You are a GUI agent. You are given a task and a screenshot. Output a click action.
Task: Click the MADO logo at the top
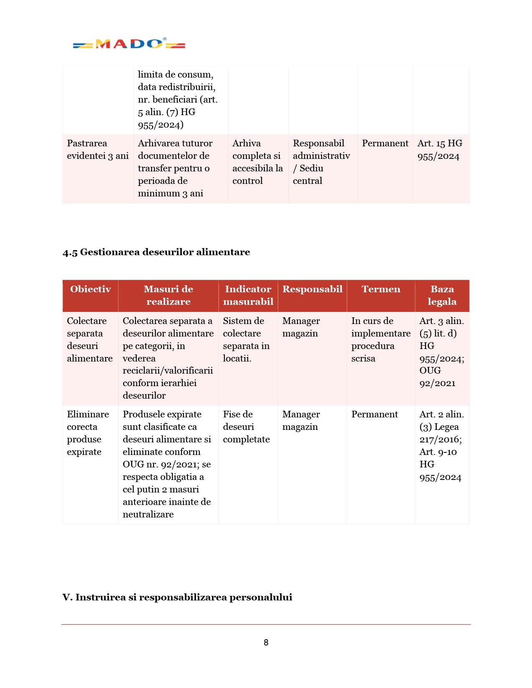pos(129,44)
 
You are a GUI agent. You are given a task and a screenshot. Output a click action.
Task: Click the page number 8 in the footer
pos(266,643)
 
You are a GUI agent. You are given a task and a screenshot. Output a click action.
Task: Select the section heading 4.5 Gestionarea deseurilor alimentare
pos(156,252)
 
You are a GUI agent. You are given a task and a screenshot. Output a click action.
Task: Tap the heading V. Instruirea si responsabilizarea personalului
pos(177,597)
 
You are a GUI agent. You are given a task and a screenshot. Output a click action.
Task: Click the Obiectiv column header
pos(91,289)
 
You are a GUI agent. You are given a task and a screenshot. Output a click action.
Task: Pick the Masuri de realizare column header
pos(168,295)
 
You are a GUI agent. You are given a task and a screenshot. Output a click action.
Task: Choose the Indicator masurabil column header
pos(248,295)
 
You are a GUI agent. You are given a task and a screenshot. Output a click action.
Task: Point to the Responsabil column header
pos(312,289)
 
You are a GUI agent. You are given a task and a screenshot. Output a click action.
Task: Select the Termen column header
pos(381,289)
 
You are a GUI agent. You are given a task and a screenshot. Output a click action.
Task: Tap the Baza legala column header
pos(442,295)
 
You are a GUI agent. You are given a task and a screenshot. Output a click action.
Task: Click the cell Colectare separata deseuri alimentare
pos(90,339)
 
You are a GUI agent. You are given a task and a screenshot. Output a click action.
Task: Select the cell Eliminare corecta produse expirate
pos(88,433)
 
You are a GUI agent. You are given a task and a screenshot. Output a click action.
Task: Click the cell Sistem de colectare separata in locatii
pos(246,339)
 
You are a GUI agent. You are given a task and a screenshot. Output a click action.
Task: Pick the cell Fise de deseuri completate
pos(246,427)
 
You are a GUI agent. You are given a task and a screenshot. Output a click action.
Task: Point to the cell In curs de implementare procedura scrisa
pos(381,339)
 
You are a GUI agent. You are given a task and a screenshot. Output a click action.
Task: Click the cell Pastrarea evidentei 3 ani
pos(98,149)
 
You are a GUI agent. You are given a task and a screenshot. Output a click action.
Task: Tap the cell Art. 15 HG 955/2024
pos(440,150)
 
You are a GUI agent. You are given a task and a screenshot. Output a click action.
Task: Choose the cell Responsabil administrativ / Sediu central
pos(321,162)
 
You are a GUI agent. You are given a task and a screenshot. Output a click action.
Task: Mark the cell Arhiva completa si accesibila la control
pos(257,162)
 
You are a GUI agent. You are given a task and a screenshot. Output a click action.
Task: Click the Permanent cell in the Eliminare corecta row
pos(375,414)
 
